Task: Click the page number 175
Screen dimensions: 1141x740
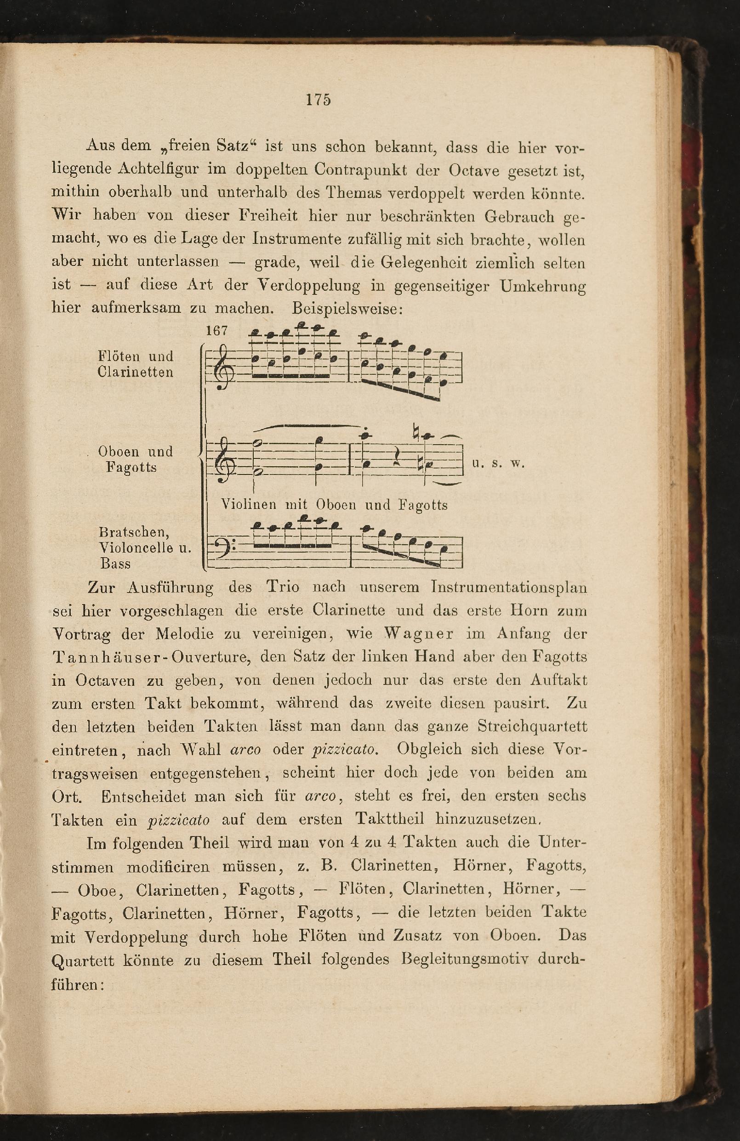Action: pos(318,100)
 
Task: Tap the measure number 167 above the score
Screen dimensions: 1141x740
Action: pos(216,331)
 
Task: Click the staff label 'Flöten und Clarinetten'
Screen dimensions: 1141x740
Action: pos(135,364)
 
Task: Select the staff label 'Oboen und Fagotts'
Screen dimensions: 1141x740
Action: pos(135,459)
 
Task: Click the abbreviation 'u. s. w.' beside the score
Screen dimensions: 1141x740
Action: pos(499,463)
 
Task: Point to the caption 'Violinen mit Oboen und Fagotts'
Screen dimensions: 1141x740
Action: pos(334,505)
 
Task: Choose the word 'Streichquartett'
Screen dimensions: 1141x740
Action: pos(532,726)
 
